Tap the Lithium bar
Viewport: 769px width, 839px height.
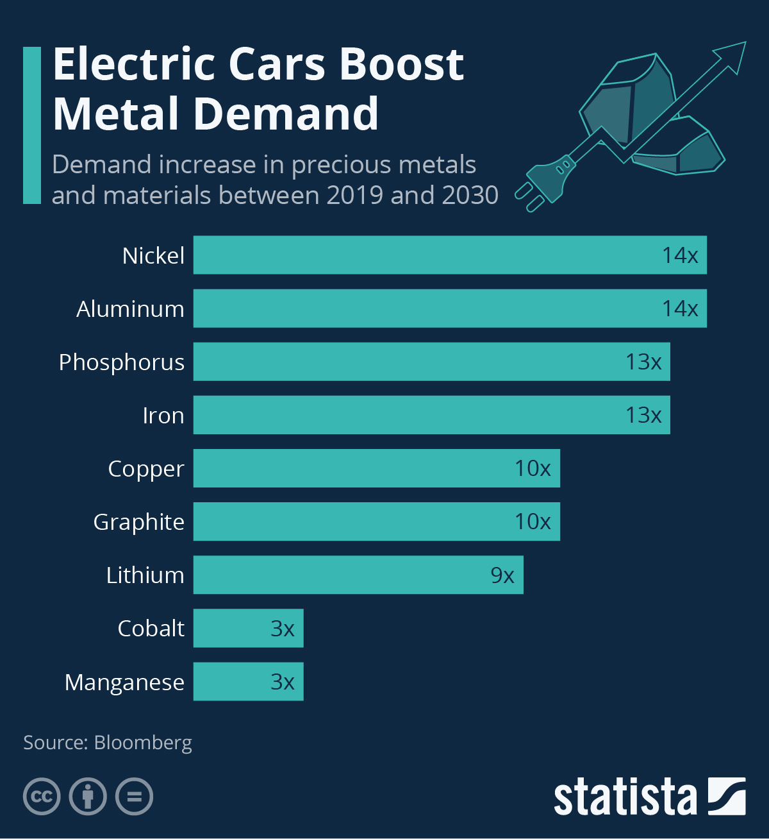[x=358, y=575]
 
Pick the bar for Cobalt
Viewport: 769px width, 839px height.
[x=248, y=628]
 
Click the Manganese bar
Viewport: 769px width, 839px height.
[x=248, y=681]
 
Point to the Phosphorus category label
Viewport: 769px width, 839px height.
[x=122, y=362]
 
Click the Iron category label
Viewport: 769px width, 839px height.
[x=163, y=416]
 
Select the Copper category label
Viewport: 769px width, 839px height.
[x=146, y=469]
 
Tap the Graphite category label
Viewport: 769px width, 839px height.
[x=139, y=522]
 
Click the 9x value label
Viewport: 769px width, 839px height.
[x=502, y=575]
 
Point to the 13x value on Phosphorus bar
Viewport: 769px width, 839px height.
[x=643, y=362]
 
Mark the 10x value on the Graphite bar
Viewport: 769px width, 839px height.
[x=533, y=521]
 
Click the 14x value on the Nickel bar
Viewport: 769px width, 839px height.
[x=680, y=255]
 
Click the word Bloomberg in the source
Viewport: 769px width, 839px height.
[x=143, y=743]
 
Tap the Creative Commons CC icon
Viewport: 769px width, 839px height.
[x=42, y=797]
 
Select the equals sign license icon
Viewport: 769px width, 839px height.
[x=134, y=797]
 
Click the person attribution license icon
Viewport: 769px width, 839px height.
[x=88, y=797]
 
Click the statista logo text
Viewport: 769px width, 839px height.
[x=625, y=797]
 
